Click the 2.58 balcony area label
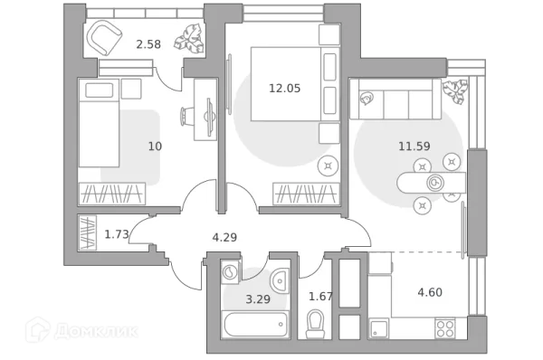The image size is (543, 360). (x=149, y=43)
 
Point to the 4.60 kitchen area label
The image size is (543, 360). (x=429, y=291)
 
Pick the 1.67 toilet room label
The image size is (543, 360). (x=320, y=296)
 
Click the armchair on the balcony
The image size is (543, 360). (x=109, y=39)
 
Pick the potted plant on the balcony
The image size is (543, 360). (x=190, y=39)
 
